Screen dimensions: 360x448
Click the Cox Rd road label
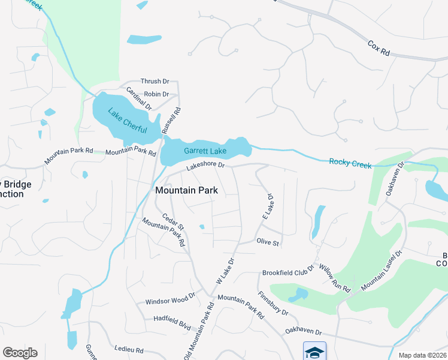pos(379,49)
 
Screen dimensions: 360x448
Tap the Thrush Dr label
pos(155,81)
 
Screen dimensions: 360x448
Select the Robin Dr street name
pos(157,94)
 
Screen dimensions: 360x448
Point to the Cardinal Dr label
pos(138,99)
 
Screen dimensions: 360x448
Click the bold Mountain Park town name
pos(186,190)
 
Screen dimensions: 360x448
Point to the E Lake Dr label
pos(268,206)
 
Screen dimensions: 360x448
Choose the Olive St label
pos(268,242)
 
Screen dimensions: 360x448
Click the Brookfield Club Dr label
pos(288,272)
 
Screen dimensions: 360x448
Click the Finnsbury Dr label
pos(273,304)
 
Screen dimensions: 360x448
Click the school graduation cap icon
pos(314,351)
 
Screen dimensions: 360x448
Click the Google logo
pos(20,353)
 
